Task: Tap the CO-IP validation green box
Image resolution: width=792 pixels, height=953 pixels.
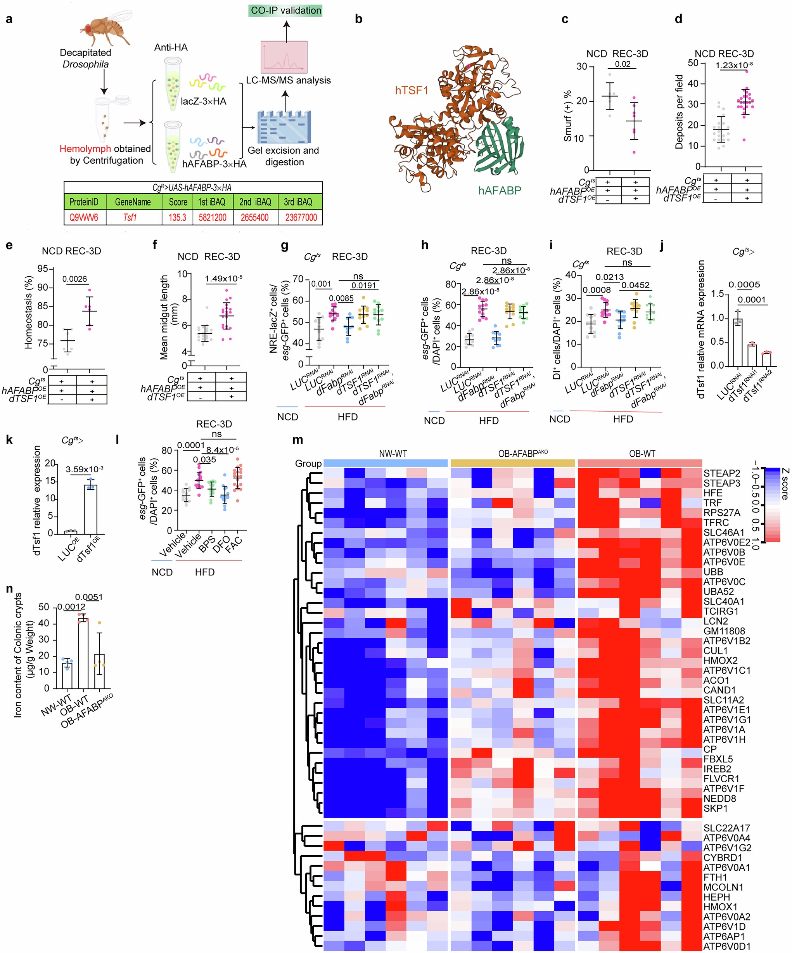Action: (286, 10)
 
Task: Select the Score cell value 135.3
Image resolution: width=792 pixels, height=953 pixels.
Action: (177, 217)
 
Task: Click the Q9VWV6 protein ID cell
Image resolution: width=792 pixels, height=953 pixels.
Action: (83, 217)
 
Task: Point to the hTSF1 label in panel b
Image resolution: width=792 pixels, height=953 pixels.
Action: (412, 90)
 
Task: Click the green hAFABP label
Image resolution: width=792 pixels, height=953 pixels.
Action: (500, 190)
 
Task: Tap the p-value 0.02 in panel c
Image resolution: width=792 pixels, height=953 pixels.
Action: (623, 64)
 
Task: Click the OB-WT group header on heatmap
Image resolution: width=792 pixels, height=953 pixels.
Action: (642, 453)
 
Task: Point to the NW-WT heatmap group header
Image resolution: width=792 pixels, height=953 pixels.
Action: (393, 453)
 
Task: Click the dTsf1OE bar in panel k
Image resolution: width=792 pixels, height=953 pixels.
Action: (90, 509)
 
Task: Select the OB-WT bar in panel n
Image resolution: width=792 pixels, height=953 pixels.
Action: (83, 653)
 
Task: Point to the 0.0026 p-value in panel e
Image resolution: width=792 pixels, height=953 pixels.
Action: (75, 279)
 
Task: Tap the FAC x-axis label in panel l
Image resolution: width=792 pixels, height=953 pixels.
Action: (234, 544)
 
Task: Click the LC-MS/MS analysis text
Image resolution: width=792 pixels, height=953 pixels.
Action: (288, 80)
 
